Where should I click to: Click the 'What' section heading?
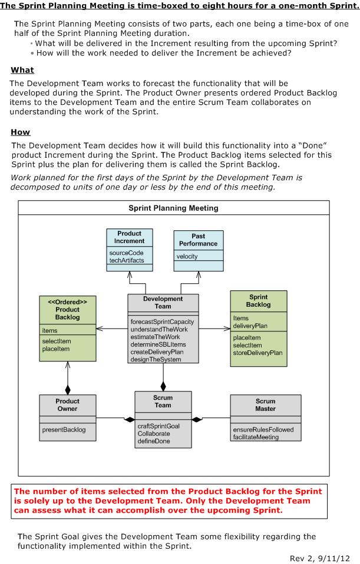(x=22, y=70)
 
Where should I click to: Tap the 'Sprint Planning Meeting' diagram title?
(x=174, y=208)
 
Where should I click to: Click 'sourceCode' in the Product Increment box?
(x=127, y=253)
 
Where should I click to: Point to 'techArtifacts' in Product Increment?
(x=127, y=260)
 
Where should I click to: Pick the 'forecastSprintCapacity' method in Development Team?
(x=163, y=321)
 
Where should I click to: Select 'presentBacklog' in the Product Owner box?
(x=64, y=430)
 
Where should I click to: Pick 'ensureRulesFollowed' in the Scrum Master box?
(x=263, y=430)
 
